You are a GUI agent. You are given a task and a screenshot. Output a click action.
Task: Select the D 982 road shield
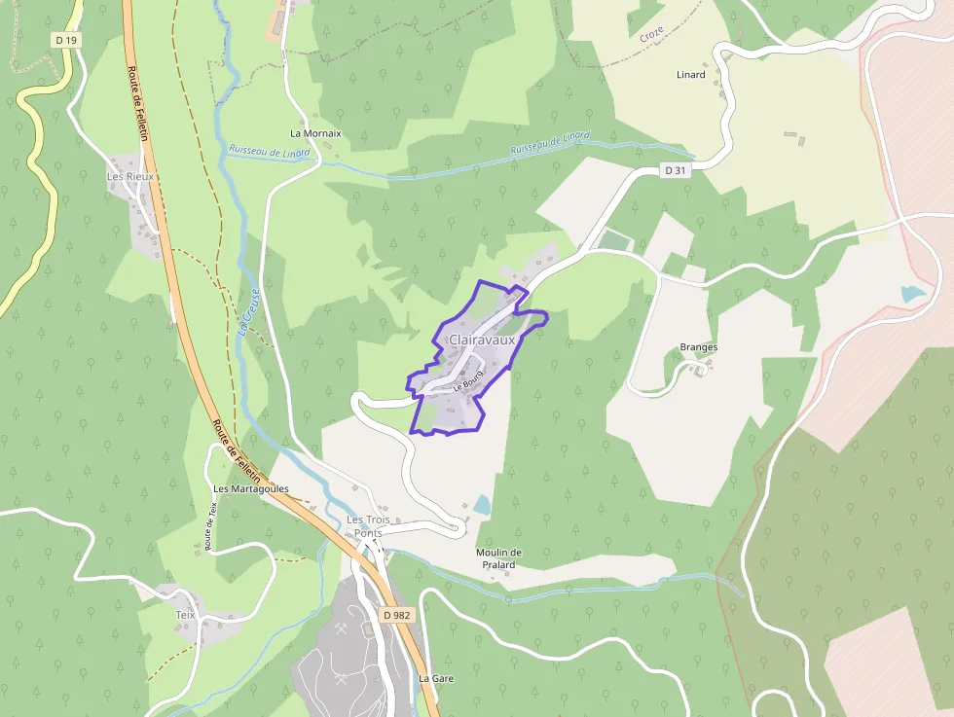pyautogui.click(x=397, y=615)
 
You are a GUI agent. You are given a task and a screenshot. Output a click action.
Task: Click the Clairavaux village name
pyautogui.click(x=481, y=340)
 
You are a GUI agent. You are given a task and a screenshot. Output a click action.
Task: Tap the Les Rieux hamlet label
pyautogui.click(x=130, y=177)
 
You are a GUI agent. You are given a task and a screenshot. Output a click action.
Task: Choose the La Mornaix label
pyautogui.click(x=315, y=132)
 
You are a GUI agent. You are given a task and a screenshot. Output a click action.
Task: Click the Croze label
pyautogui.click(x=651, y=34)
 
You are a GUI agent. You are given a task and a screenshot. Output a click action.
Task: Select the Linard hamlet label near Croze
pyautogui.click(x=690, y=75)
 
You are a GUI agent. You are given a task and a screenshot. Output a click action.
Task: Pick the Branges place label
pyautogui.click(x=698, y=347)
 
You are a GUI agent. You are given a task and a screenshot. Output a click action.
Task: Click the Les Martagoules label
pyautogui.click(x=250, y=488)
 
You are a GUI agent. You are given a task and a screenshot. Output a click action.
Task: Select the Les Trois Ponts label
pyautogui.click(x=365, y=526)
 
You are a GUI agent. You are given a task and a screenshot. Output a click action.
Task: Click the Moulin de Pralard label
pyautogui.click(x=498, y=558)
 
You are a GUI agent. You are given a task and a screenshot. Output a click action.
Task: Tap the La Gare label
pyautogui.click(x=436, y=677)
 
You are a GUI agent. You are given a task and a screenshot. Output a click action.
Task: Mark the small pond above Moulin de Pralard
pyautogui.click(x=482, y=505)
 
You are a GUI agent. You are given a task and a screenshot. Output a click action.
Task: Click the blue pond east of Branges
pyautogui.click(x=912, y=294)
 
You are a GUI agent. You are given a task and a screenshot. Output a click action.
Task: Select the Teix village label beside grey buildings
pyautogui.click(x=185, y=615)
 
